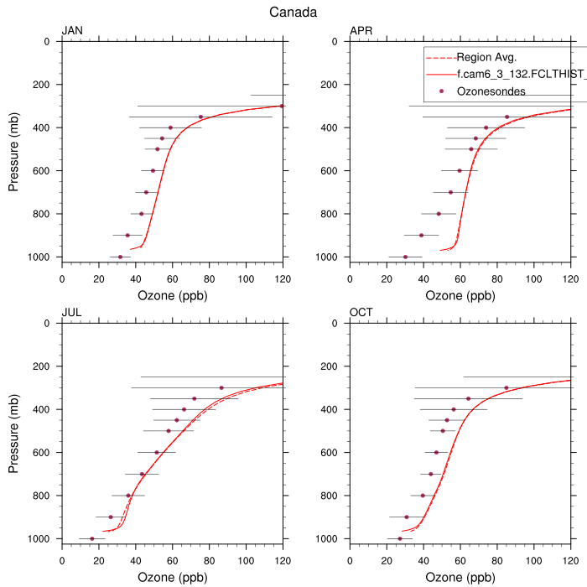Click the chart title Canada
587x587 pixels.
pyautogui.click(x=293, y=12)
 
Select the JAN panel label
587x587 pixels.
pyautogui.click(x=72, y=32)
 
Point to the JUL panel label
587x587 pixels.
pyautogui.click(x=71, y=314)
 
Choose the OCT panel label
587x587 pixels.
pyautogui.click(x=361, y=314)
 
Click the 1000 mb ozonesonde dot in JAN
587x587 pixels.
pyautogui.click(x=120, y=257)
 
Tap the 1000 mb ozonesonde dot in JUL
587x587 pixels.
pyautogui.click(x=92, y=538)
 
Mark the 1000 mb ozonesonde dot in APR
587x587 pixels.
pyautogui.click(x=405, y=257)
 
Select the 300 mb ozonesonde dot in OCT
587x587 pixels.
pyautogui.click(x=506, y=387)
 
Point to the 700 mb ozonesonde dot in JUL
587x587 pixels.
pyautogui.click(x=142, y=474)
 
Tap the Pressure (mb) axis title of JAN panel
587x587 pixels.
pyautogui.click(x=14, y=149)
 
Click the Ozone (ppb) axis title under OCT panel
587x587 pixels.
pyautogui.click(x=460, y=577)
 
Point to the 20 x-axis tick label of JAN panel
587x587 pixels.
pyautogui.click(x=99, y=279)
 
